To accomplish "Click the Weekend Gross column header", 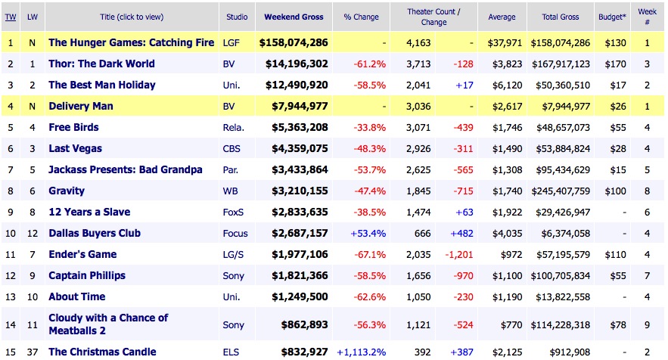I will pos(294,17).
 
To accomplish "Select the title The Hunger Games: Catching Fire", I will pos(131,43).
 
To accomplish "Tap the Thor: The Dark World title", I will pos(101,64).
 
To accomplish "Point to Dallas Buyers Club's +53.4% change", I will pos(368,234).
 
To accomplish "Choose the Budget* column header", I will pos(620,17).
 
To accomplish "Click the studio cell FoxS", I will pos(234,213).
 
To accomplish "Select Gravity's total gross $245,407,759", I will pos(559,191).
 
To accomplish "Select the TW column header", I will pos(11,17).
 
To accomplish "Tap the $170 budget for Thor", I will pos(620,64).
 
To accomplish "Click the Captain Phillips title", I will pos(87,276).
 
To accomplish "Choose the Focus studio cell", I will pos(235,234).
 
